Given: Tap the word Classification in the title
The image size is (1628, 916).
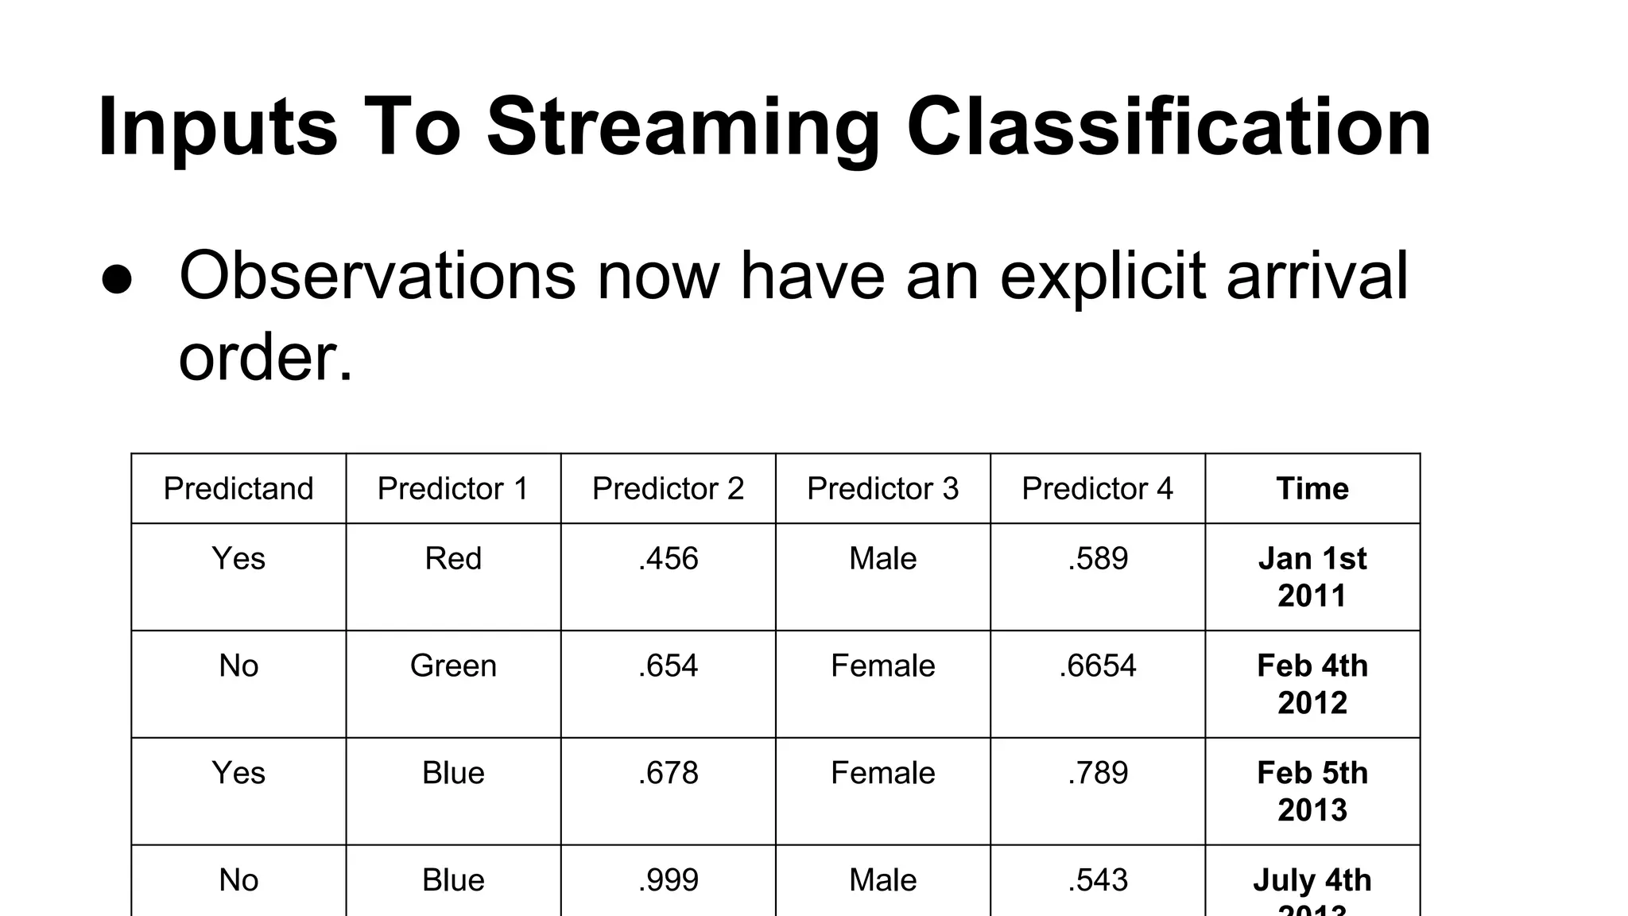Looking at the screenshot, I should coord(1169,127).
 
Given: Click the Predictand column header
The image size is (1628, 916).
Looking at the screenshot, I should coord(238,488).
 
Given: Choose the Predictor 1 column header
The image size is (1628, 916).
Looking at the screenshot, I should coord(453,488).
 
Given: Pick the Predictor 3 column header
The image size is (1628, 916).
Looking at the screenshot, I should coord(882,488).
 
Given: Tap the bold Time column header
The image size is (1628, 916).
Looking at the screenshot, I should coord(1312,488).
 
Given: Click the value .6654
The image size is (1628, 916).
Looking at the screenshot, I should coord(1098,666).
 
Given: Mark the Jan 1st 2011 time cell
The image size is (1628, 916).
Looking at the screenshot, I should coord(1312,576).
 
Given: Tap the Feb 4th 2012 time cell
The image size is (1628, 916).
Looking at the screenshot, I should coord(1312,684).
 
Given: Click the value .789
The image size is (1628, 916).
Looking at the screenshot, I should coord(1098,773).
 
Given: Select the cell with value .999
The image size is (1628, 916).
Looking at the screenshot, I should coord(668,880).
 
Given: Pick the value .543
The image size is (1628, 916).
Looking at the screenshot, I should coord(1098,880).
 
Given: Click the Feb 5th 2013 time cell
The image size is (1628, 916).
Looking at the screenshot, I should coord(1312,791).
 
